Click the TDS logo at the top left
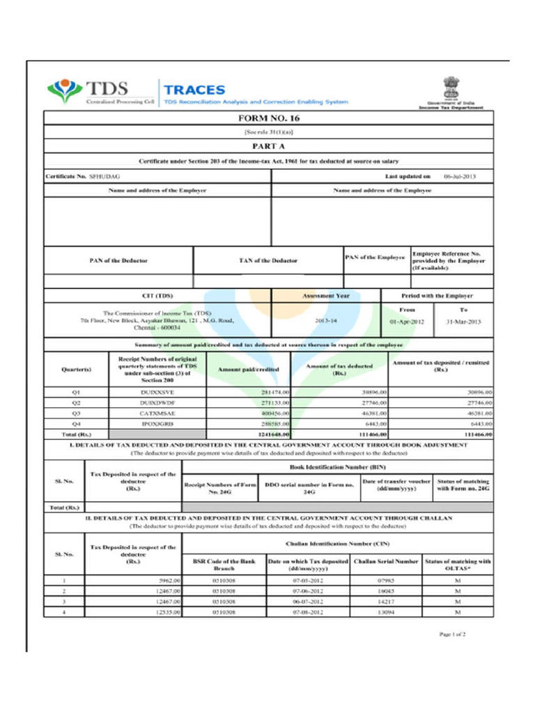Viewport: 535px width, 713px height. click(88, 91)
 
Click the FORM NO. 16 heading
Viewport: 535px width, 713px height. click(268, 118)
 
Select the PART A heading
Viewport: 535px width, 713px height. click(268, 146)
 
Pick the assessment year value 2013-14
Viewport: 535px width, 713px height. click(326, 321)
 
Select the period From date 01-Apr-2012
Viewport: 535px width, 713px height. click(406, 322)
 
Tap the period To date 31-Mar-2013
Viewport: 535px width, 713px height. click(463, 322)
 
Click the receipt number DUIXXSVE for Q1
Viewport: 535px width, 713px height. click(157, 393)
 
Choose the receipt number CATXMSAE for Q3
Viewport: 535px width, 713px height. click(157, 413)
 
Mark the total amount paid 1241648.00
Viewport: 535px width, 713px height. click(273, 434)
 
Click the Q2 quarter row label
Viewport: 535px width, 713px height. click(77, 403)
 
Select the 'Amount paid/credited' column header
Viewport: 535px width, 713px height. click(248, 370)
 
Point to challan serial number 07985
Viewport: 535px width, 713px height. click(386, 580)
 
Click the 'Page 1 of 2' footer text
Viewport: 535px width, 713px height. click(452, 634)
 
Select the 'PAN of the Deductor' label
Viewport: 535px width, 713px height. click(118, 260)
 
